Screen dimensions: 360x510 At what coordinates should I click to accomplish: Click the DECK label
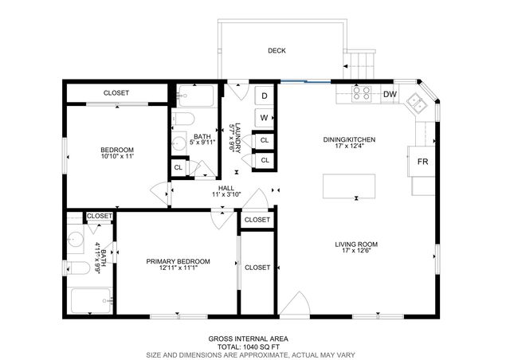tap(277, 51)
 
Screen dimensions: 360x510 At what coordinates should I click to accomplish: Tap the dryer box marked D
tap(264, 96)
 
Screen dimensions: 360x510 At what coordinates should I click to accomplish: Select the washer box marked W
tap(264, 119)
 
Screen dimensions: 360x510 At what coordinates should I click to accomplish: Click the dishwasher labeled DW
tap(390, 94)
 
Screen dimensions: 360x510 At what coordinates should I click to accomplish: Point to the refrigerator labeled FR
tap(422, 162)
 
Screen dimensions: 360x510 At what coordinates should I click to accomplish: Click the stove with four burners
tap(361, 94)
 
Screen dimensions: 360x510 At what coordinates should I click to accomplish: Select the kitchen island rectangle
tap(350, 185)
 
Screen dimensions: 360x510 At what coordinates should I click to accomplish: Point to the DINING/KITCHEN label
tap(349, 139)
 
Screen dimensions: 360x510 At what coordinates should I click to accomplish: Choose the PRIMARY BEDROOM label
tap(178, 261)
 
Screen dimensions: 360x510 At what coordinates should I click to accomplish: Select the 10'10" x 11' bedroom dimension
tap(116, 157)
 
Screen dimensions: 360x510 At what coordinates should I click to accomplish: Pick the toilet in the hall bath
tap(183, 120)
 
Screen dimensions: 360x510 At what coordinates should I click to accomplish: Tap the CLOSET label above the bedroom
tap(117, 93)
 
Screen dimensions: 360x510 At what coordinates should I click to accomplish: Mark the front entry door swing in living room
tap(296, 305)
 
